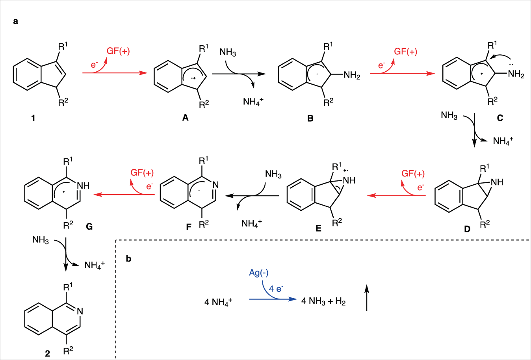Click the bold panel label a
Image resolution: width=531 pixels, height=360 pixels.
(15, 21)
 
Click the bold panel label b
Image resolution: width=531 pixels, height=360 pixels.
(128, 259)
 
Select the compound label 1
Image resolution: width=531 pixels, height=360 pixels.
(33, 118)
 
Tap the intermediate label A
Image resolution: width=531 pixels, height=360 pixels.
(185, 118)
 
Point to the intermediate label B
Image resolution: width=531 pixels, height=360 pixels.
(310, 118)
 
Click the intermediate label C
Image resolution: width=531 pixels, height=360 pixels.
(500, 118)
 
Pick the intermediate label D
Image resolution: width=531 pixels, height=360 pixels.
(467, 229)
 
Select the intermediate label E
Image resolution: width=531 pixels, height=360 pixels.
(318, 228)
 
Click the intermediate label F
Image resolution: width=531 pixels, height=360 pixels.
(189, 227)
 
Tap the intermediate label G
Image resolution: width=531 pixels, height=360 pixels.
(89, 226)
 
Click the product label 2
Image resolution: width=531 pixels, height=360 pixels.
(48, 353)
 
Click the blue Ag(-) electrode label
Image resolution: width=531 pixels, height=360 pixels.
(259, 273)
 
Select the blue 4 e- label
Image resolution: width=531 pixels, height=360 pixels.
(276, 289)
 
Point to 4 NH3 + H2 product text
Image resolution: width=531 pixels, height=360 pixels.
(323, 301)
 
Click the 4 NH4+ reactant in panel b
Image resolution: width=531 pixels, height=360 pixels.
(218, 302)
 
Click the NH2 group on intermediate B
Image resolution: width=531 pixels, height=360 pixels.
(352, 75)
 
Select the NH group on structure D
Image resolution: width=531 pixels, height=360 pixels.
(497, 182)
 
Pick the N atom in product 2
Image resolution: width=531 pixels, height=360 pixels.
(80, 312)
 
